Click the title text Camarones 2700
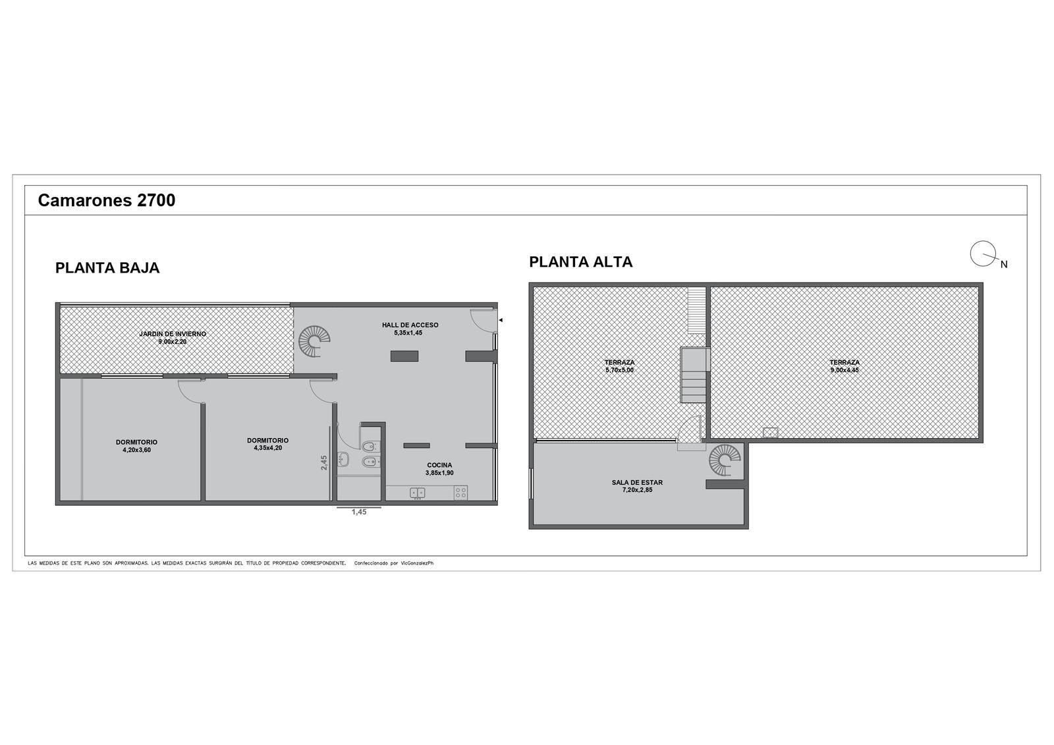[106, 200]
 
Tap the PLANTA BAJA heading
[107, 268]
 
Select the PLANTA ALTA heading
[580, 262]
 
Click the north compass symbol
[984, 255]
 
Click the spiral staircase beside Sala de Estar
[725, 460]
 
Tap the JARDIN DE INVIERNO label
[173, 334]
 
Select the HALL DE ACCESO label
[410, 325]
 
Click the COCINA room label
[439, 465]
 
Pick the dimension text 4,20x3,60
[136, 450]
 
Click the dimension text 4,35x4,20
[267, 448]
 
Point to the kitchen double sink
[418, 493]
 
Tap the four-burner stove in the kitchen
[460, 493]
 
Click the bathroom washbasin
[343, 459]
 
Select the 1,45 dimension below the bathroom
[359, 512]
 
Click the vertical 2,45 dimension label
[323, 462]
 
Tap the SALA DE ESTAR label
[637, 482]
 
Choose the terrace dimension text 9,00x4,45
[845, 370]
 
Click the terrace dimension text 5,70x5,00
[620, 370]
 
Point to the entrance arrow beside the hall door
[501, 320]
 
